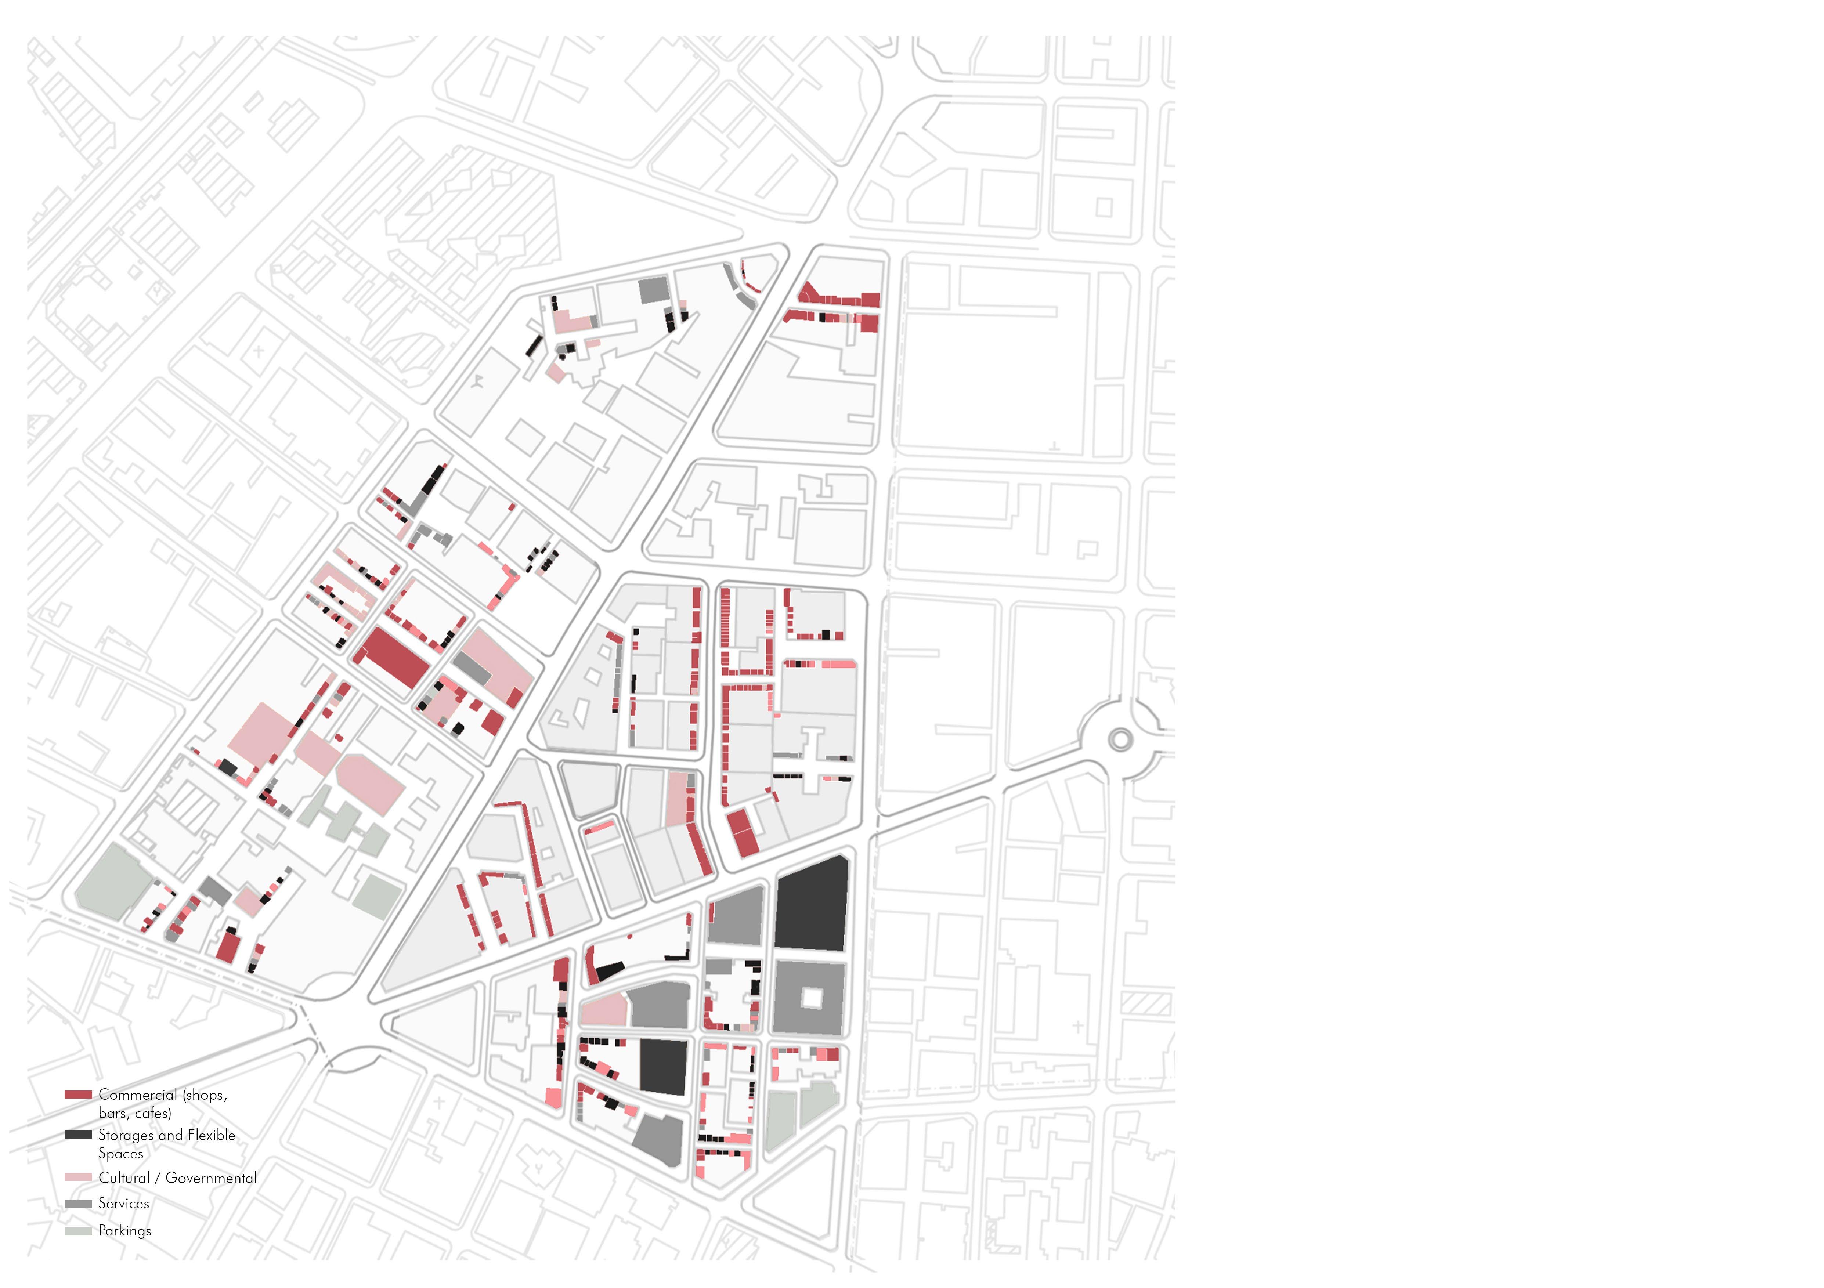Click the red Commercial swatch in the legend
point(78,1094)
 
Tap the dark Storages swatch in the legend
point(78,1135)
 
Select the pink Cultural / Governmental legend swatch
point(78,1177)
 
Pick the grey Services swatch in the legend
point(78,1204)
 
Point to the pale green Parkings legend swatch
point(78,1231)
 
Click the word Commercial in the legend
point(137,1094)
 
